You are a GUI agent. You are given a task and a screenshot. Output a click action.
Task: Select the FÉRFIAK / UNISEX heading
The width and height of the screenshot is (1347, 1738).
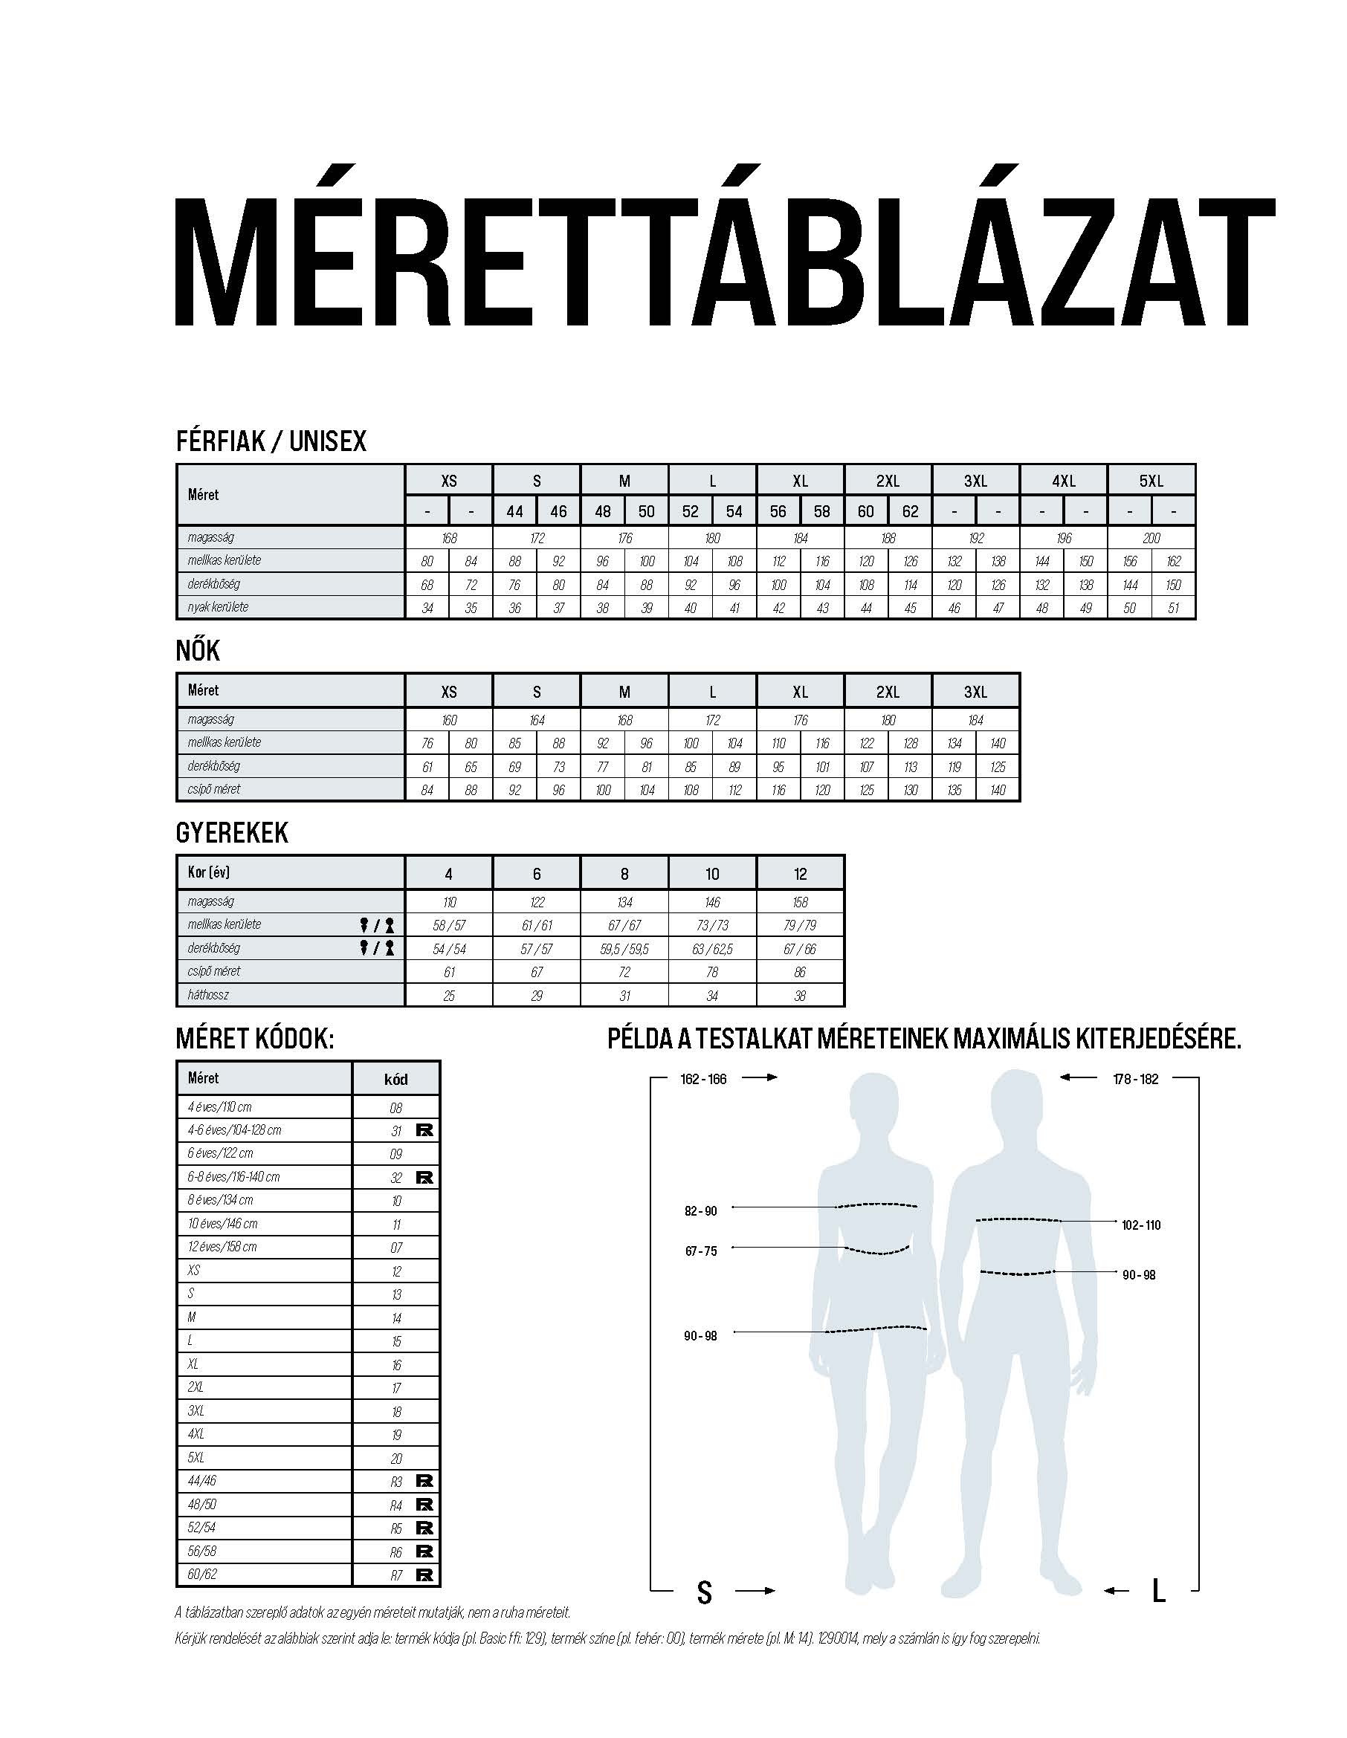tap(271, 441)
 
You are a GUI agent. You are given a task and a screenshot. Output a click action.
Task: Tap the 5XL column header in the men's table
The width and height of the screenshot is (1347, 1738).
tap(1150, 481)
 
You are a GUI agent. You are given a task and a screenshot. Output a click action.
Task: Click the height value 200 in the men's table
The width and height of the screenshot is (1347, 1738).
tap(1150, 538)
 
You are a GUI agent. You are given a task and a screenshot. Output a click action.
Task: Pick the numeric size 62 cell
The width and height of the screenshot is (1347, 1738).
tap(910, 511)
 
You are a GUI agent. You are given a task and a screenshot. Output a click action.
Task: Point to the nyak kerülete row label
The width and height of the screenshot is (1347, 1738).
tap(218, 607)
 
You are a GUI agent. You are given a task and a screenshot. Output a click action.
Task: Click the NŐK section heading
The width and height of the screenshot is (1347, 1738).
tap(198, 651)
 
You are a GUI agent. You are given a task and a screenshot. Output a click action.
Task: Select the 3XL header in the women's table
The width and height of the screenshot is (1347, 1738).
tap(975, 692)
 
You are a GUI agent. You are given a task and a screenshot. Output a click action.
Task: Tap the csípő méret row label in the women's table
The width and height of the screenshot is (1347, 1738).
tap(214, 789)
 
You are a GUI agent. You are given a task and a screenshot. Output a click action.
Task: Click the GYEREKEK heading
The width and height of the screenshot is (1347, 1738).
tap(232, 833)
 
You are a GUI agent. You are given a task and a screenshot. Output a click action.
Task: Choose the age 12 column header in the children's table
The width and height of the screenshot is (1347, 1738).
tap(800, 874)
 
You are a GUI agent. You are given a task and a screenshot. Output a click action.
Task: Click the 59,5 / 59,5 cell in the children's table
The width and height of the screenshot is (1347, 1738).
tap(624, 949)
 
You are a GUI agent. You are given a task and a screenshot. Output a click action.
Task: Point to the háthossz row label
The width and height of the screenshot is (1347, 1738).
tap(208, 995)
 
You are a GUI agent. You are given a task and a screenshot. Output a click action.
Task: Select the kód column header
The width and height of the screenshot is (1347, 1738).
tap(395, 1079)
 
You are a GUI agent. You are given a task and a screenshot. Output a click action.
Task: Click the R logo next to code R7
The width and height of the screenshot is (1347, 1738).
tap(424, 1575)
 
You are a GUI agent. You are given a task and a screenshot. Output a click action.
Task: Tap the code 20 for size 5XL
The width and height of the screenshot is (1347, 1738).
tap(396, 1459)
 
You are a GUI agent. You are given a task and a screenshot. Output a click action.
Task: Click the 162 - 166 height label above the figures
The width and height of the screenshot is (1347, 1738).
tap(703, 1079)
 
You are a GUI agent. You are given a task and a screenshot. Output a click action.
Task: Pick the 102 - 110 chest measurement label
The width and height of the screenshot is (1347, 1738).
tap(1141, 1225)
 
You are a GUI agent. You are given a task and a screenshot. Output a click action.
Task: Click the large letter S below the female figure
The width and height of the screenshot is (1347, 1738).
tap(704, 1592)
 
